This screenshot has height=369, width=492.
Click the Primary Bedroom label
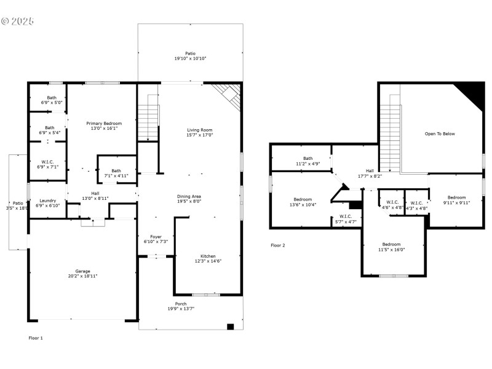point(104,124)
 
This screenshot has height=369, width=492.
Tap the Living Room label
point(200,130)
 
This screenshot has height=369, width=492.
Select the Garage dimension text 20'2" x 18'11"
point(83,276)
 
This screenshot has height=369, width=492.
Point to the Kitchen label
point(208,256)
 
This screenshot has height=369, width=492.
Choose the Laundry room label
point(48,200)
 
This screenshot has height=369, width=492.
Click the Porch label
point(181,304)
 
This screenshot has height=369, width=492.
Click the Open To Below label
point(440,133)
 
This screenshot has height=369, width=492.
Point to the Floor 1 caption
point(36,338)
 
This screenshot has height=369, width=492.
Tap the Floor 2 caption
point(278,245)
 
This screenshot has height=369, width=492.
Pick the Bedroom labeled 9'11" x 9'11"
point(456,197)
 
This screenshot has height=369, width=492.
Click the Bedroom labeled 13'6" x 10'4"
point(303,199)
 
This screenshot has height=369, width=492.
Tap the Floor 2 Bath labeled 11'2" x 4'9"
point(307,158)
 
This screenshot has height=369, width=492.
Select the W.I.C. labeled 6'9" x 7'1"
point(48,162)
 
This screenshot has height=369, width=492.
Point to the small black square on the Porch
point(231,327)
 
